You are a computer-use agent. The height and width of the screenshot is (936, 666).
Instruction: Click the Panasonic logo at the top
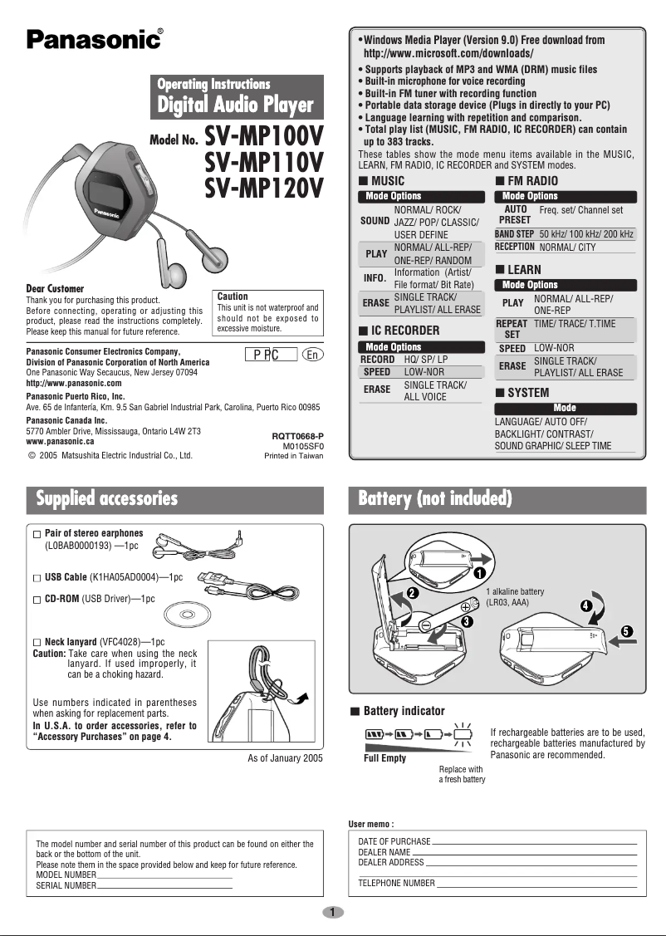pos(94,39)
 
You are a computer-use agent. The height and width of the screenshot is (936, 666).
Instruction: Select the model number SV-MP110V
pos(264,161)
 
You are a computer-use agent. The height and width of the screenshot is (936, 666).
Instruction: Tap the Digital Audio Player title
pos(236,105)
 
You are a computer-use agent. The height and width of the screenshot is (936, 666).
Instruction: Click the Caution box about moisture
pos(267,312)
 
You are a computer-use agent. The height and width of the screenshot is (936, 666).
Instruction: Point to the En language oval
pos(311,355)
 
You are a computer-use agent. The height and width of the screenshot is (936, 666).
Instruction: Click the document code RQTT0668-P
pos(297,436)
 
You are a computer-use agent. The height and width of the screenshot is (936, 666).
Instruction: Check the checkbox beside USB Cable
pos(37,576)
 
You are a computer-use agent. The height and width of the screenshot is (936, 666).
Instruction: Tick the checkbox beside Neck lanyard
pos(37,643)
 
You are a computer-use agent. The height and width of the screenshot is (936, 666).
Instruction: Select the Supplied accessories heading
pos(106,498)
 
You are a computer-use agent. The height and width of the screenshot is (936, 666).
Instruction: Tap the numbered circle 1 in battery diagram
pos(479,573)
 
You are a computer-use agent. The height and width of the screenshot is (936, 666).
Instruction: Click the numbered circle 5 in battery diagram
pos(628,632)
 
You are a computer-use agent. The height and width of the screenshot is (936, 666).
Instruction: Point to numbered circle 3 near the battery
pos(468,620)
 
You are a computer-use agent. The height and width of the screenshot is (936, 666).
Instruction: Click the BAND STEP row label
pos(514,235)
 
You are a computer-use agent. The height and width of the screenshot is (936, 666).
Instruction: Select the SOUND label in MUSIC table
pos(375,222)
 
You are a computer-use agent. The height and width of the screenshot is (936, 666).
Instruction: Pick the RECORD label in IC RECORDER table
pos(377,360)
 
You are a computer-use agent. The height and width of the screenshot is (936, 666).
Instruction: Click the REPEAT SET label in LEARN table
pos(512,329)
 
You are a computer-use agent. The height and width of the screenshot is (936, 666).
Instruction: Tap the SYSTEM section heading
pos(527,392)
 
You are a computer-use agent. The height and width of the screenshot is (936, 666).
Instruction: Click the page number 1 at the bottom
pos(332,912)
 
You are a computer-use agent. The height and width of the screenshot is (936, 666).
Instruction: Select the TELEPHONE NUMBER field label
pos(396,883)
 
